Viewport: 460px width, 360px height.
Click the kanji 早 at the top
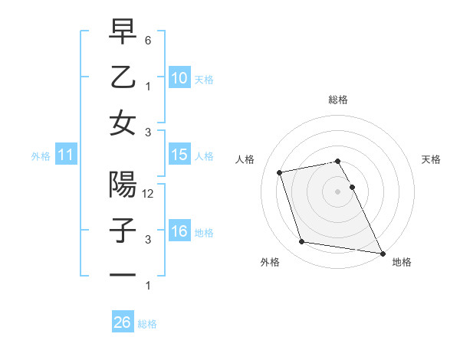click(x=123, y=31)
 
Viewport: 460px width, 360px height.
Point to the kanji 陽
click(x=123, y=185)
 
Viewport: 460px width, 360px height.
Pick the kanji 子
click(x=123, y=231)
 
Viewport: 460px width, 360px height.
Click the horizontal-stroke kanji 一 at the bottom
click(x=123, y=275)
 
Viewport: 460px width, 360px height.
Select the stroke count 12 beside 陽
click(x=149, y=194)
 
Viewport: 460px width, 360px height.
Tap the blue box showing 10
click(x=179, y=77)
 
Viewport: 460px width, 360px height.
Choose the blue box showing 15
click(x=179, y=155)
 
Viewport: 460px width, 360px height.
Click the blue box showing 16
click(x=179, y=232)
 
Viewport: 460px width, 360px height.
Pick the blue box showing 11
click(x=65, y=155)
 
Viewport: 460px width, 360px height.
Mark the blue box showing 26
click(x=122, y=322)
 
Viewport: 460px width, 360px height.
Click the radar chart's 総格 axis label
click(x=338, y=100)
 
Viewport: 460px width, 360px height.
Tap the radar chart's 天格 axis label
click(x=431, y=159)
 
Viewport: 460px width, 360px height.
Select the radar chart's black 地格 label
click(x=402, y=263)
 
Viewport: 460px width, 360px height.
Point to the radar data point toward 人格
click(x=280, y=172)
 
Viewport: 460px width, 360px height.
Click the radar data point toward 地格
click(x=383, y=253)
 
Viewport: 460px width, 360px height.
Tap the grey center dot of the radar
click(x=337, y=191)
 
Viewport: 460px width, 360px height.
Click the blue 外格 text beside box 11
click(x=41, y=156)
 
